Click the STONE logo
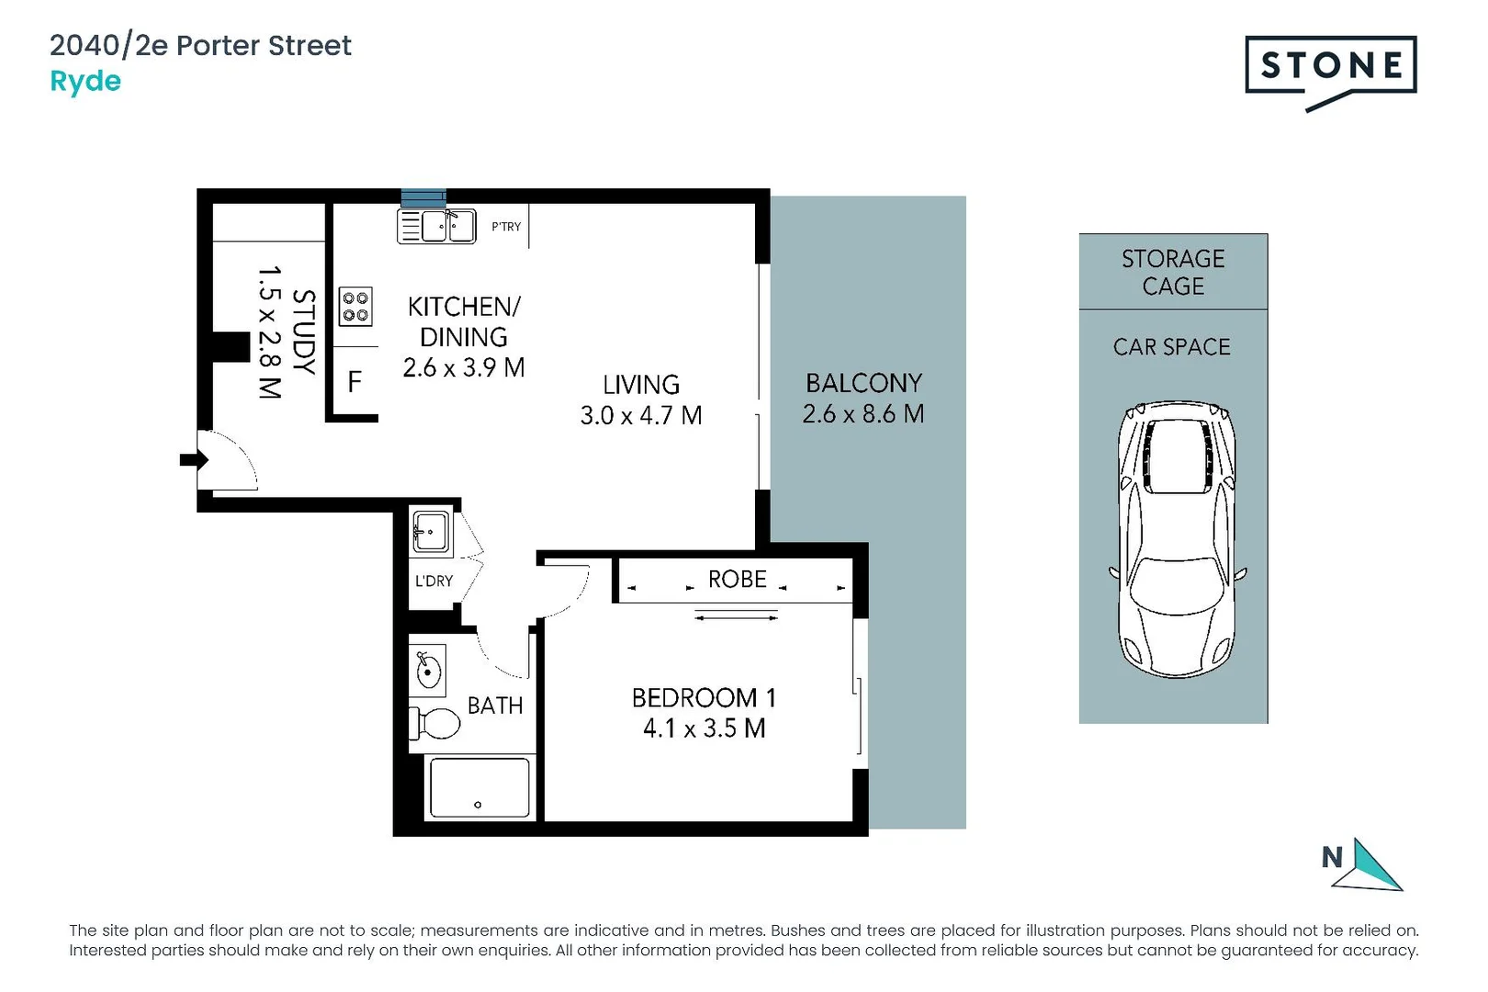tap(1330, 67)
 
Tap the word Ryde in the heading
tap(85, 82)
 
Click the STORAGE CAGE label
tap(1173, 272)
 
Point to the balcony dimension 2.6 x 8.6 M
tap(862, 414)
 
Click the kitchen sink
tap(447, 226)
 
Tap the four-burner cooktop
tap(355, 306)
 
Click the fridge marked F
tap(355, 381)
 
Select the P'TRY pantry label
tap(505, 227)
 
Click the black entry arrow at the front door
tap(192, 459)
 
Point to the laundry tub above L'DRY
tap(430, 532)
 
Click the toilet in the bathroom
tap(435, 724)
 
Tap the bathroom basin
tap(428, 670)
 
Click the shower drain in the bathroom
tap(478, 805)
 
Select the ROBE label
tap(737, 580)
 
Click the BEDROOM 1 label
tap(704, 698)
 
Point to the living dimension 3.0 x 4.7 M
tap(640, 416)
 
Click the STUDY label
tap(303, 332)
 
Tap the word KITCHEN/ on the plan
tap(464, 307)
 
